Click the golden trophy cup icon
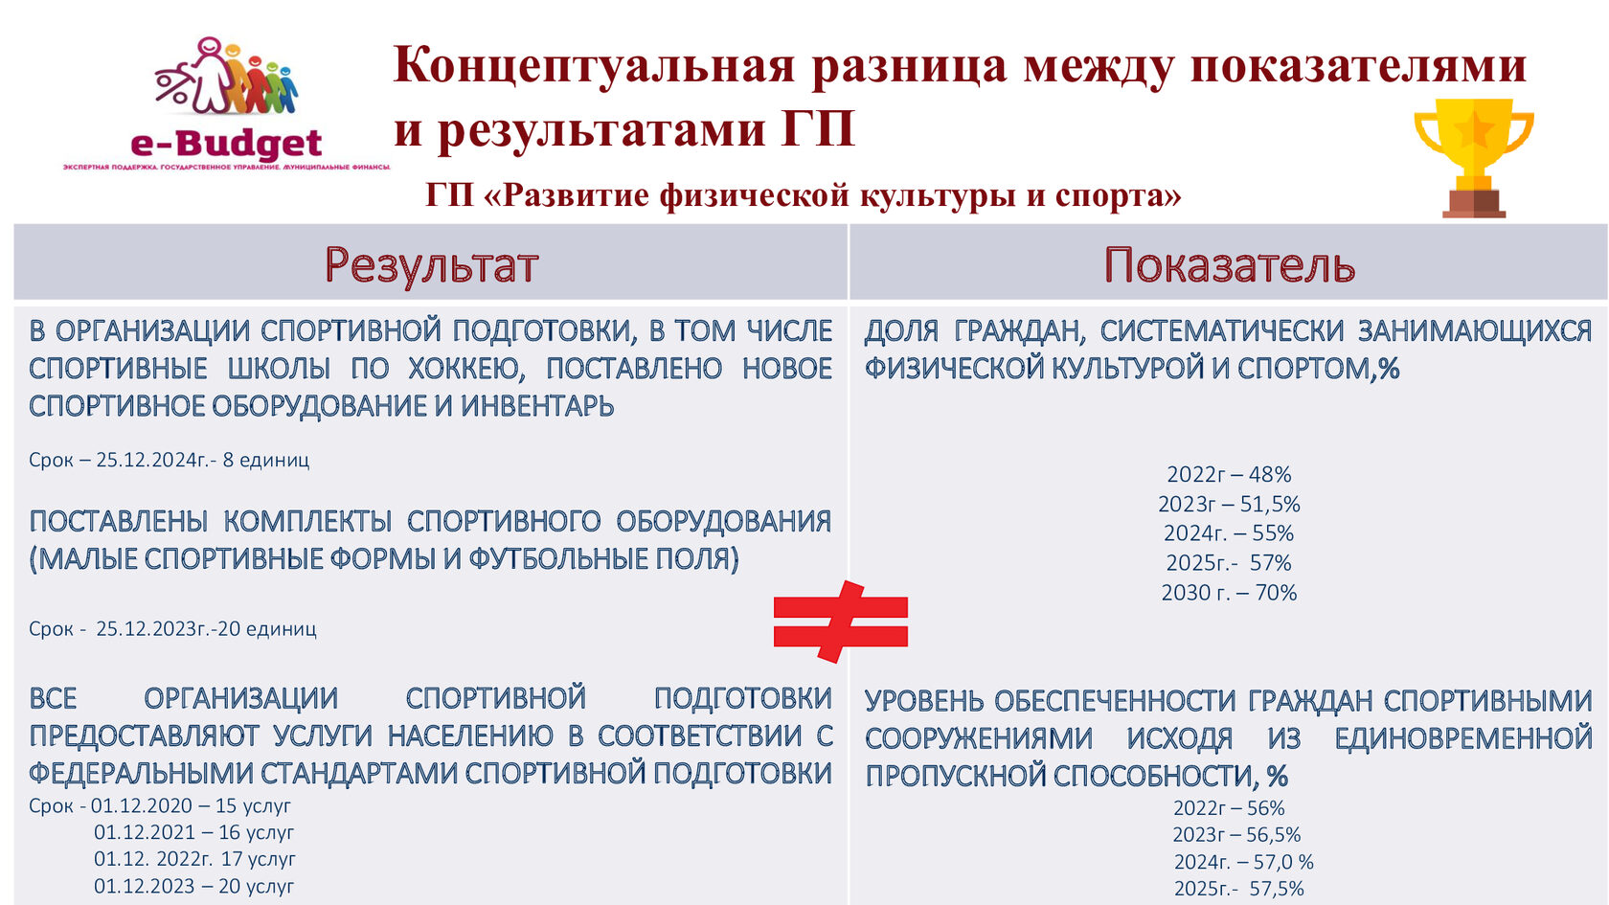tap(1474, 158)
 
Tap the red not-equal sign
tap(841, 622)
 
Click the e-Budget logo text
tap(226, 144)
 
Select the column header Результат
tap(431, 264)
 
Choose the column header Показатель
tap(1229, 264)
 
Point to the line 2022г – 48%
tap(1229, 474)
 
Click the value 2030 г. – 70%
tap(1229, 593)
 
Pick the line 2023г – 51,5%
tap(1229, 504)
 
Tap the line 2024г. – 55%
tap(1229, 533)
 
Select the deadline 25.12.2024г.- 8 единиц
tap(170, 460)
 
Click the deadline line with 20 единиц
tap(172, 629)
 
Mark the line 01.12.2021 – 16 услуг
tap(193, 832)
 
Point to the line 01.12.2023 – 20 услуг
tap(193, 887)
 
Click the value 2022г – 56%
tap(1229, 808)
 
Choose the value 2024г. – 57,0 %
tap(1243, 862)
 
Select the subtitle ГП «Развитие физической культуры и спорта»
tap(803, 194)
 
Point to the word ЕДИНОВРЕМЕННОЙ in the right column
tap(1463, 738)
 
